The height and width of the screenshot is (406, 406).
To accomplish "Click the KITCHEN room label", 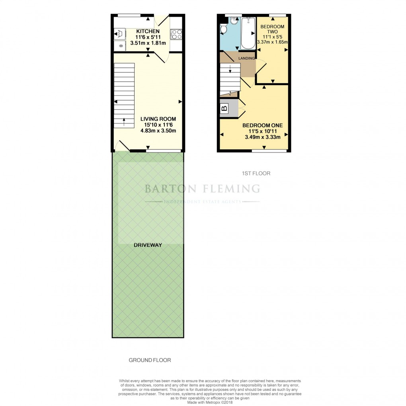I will coord(148,31).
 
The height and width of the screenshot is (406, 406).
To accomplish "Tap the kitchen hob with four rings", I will coord(176,34).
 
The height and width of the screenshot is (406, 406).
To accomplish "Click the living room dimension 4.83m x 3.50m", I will coord(158,131).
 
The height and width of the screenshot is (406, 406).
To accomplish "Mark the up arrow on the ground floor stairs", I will coord(124,122).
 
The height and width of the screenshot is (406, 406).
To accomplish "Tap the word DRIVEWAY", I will coord(148,245).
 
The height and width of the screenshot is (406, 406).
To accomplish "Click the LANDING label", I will coord(246,59).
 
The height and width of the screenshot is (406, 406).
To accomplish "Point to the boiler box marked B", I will coord(224,108).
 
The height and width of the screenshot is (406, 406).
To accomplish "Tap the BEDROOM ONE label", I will coord(263,125).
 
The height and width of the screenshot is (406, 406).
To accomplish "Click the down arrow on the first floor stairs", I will coord(230,70).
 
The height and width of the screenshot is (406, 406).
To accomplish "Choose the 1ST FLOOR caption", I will coord(256,174).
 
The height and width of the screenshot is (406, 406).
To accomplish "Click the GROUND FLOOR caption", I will coord(150,360).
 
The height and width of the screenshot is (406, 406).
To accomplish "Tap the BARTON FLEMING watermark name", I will coord(202,188).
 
